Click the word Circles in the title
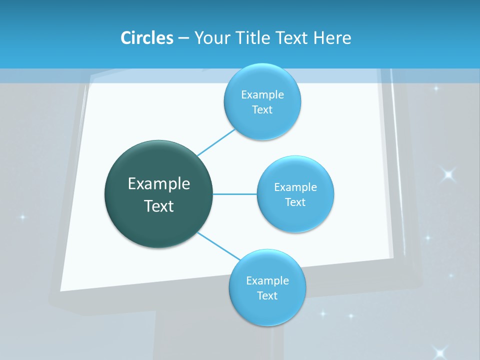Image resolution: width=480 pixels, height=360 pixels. pyautogui.click(x=147, y=38)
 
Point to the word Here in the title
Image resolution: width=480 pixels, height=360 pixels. pyautogui.click(x=332, y=38)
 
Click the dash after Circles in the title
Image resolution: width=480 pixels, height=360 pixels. pyautogui.click(x=183, y=38)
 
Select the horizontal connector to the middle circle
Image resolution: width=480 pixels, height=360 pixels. pyautogui.click(x=234, y=194)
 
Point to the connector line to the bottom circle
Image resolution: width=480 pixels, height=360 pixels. pyautogui.click(x=218, y=246)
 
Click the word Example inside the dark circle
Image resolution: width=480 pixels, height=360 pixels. pyautogui.click(x=159, y=183)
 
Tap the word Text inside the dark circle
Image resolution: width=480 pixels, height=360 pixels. pyautogui.click(x=159, y=206)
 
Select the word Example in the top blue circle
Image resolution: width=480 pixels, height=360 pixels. pyautogui.click(x=262, y=94)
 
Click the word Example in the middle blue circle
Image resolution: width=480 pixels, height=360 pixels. pyautogui.click(x=295, y=187)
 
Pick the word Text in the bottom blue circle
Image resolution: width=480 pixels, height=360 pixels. pyautogui.click(x=267, y=295)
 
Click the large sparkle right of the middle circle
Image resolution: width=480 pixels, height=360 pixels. pyautogui.click(x=448, y=174)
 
